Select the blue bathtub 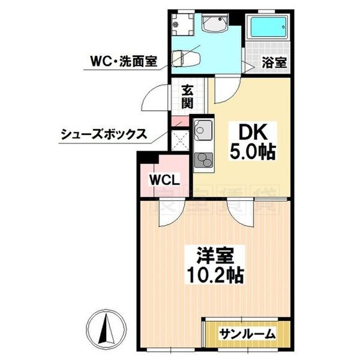[x=268, y=28]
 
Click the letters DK [x=244, y=132]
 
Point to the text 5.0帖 [x=252, y=152]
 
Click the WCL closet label [x=160, y=181]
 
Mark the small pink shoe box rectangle [x=178, y=123]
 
